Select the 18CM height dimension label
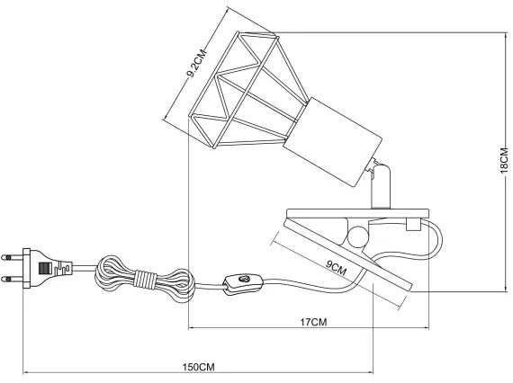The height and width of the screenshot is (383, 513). click(505, 163)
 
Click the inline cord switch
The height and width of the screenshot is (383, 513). click(240, 284)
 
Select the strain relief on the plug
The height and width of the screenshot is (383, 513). click(67, 267)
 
